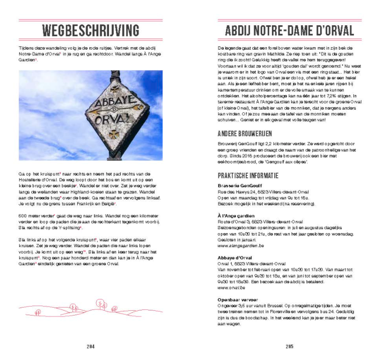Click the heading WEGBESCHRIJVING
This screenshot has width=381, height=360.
91,31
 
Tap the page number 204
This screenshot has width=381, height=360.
90,346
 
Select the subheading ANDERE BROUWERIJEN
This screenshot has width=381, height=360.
245,134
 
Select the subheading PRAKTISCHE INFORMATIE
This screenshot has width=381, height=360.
248,176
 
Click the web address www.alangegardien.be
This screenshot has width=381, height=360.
240,245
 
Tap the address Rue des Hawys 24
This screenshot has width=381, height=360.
239,192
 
